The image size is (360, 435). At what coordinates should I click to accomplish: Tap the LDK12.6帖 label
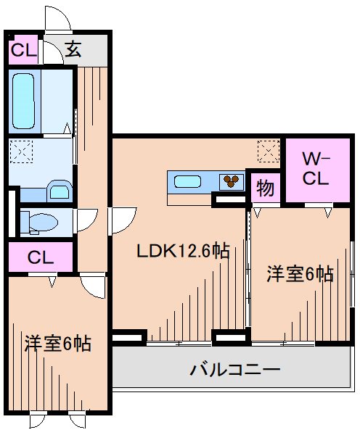pyautogui.click(x=184, y=252)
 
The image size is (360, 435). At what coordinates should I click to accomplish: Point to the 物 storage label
pyautogui.click(x=265, y=188)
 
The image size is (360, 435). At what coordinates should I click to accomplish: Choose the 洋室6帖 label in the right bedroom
pyautogui.click(x=300, y=274)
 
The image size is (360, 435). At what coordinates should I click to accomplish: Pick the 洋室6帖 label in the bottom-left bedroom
pyautogui.click(x=57, y=342)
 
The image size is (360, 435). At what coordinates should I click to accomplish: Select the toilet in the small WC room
pyautogui.click(x=36, y=222)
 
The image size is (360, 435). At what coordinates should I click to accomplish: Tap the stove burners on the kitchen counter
pyautogui.click(x=232, y=181)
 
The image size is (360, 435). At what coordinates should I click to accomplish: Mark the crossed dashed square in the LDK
pyautogui.click(x=269, y=152)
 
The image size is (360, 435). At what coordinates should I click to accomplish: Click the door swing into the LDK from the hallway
pyautogui.click(x=122, y=220)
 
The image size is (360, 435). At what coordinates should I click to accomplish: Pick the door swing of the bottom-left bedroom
pyautogui.click(x=93, y=285)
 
